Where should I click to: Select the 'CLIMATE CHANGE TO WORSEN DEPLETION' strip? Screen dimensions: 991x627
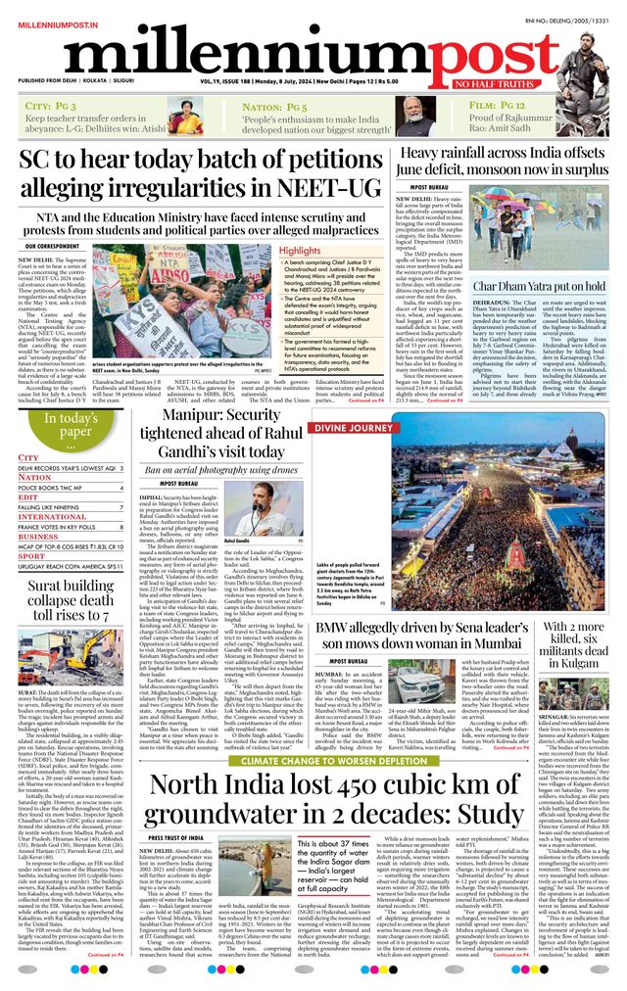pos(313,760)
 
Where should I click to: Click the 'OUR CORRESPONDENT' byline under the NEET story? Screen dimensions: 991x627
pos(54,247)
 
